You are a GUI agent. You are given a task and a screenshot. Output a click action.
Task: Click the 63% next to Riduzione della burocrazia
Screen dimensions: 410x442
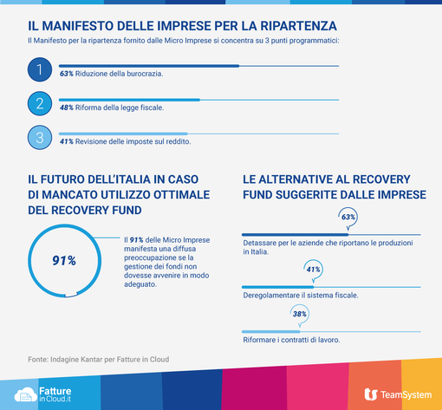[66, 75]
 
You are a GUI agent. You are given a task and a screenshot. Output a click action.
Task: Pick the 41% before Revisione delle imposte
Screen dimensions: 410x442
[66, 140]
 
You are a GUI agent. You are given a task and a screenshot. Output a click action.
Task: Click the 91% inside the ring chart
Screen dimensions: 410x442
[64, 260]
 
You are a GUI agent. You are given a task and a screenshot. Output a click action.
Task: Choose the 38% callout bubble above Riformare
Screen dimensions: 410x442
[300, 314]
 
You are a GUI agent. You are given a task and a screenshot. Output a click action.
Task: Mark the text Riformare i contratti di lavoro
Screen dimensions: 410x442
[289, 340]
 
